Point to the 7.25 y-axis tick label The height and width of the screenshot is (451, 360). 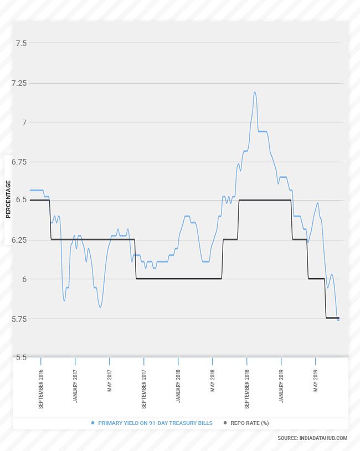[19, 83]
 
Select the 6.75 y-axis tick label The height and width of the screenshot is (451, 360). [19, 162]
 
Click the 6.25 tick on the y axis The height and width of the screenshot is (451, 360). [19, 240]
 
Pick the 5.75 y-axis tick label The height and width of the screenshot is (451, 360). [19, 319]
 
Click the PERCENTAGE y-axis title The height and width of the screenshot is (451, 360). [8, 199]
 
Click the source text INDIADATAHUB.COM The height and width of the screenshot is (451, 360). [312, 438]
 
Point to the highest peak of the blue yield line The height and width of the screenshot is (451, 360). [255, 93]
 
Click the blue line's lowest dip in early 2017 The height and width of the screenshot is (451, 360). [100, 307]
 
